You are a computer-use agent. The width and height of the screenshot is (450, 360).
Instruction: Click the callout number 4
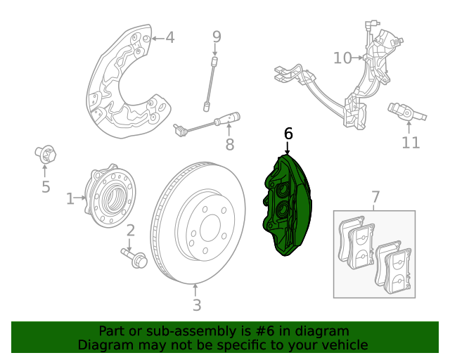tap(169, 37)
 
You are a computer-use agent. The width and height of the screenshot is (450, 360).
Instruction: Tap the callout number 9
tap(217, 37)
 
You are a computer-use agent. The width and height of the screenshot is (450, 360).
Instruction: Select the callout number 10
tap(342, 58)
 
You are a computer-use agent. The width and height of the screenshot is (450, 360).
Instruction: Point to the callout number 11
tap(411, 143)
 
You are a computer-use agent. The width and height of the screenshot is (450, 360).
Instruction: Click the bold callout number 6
tap(288, 134)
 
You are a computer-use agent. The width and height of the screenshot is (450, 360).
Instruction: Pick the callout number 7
tap(375, 197)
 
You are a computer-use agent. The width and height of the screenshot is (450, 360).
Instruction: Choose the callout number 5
tap(46, 186)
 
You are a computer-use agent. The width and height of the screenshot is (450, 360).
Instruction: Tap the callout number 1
tap(70, 199)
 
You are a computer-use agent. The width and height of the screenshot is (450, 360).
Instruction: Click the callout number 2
tap(130, 231)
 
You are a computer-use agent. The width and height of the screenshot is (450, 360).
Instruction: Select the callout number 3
tap(196, 305)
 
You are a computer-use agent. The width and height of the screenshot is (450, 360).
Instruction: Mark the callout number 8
tap(229, 145)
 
